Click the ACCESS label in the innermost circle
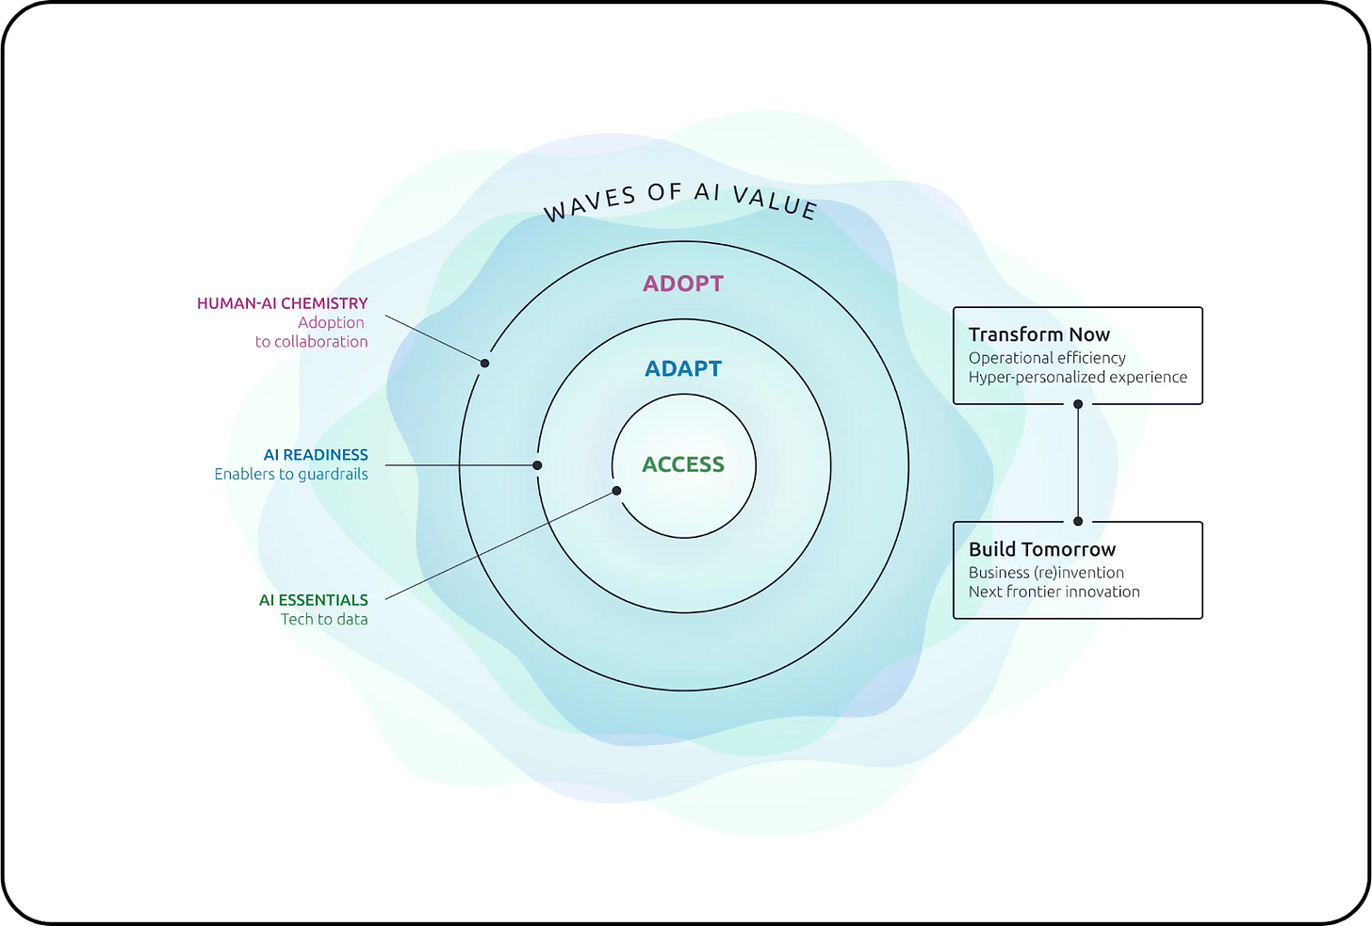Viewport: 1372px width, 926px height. pyautogui.click(x=683, y=464)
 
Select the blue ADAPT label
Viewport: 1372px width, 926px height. pyautogui.click(x=683, y=368)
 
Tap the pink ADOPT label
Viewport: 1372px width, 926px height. pyautogui.click(x=683, y=284)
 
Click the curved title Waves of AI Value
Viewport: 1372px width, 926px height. pyautogui.click(x=680, y=199)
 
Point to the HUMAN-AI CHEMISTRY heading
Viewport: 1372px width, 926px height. pyautogui.click(x=282, y=303)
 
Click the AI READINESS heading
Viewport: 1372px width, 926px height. pyautogui.click(x=316, y=455)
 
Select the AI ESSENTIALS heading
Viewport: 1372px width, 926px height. pyautogui.click(x=313, y=600)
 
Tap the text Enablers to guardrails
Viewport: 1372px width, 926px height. pyautogui.click(x=291, y=475)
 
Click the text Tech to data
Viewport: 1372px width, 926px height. pyautogui.click(x=324, y=620)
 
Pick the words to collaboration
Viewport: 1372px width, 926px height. pyautogui.click(x=311, y=342)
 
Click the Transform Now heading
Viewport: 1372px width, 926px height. pyautogui.click(x=1039, y=334)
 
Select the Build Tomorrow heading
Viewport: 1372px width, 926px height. pyautogui.click(x=1042, y=549)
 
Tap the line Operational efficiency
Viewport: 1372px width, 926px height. pyautogui.click(x=1047, y=358)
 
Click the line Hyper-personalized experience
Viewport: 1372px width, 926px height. pyautogui.click(x=1078, y=377)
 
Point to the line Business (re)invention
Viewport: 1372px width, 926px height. pyautogui.click(x=1046, y=573)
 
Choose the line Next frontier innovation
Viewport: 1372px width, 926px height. pyautogui.click(x=1054, y=592)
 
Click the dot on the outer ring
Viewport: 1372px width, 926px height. pyautogui.click(x=484, y=363)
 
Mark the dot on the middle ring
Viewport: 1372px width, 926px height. pyautogui.click(x=537, y=465)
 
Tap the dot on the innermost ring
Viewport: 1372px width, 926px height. pyautogui.click(x=616, y=491)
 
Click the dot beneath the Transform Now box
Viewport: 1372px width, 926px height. pyautogui.click(x=1078, y=404)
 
